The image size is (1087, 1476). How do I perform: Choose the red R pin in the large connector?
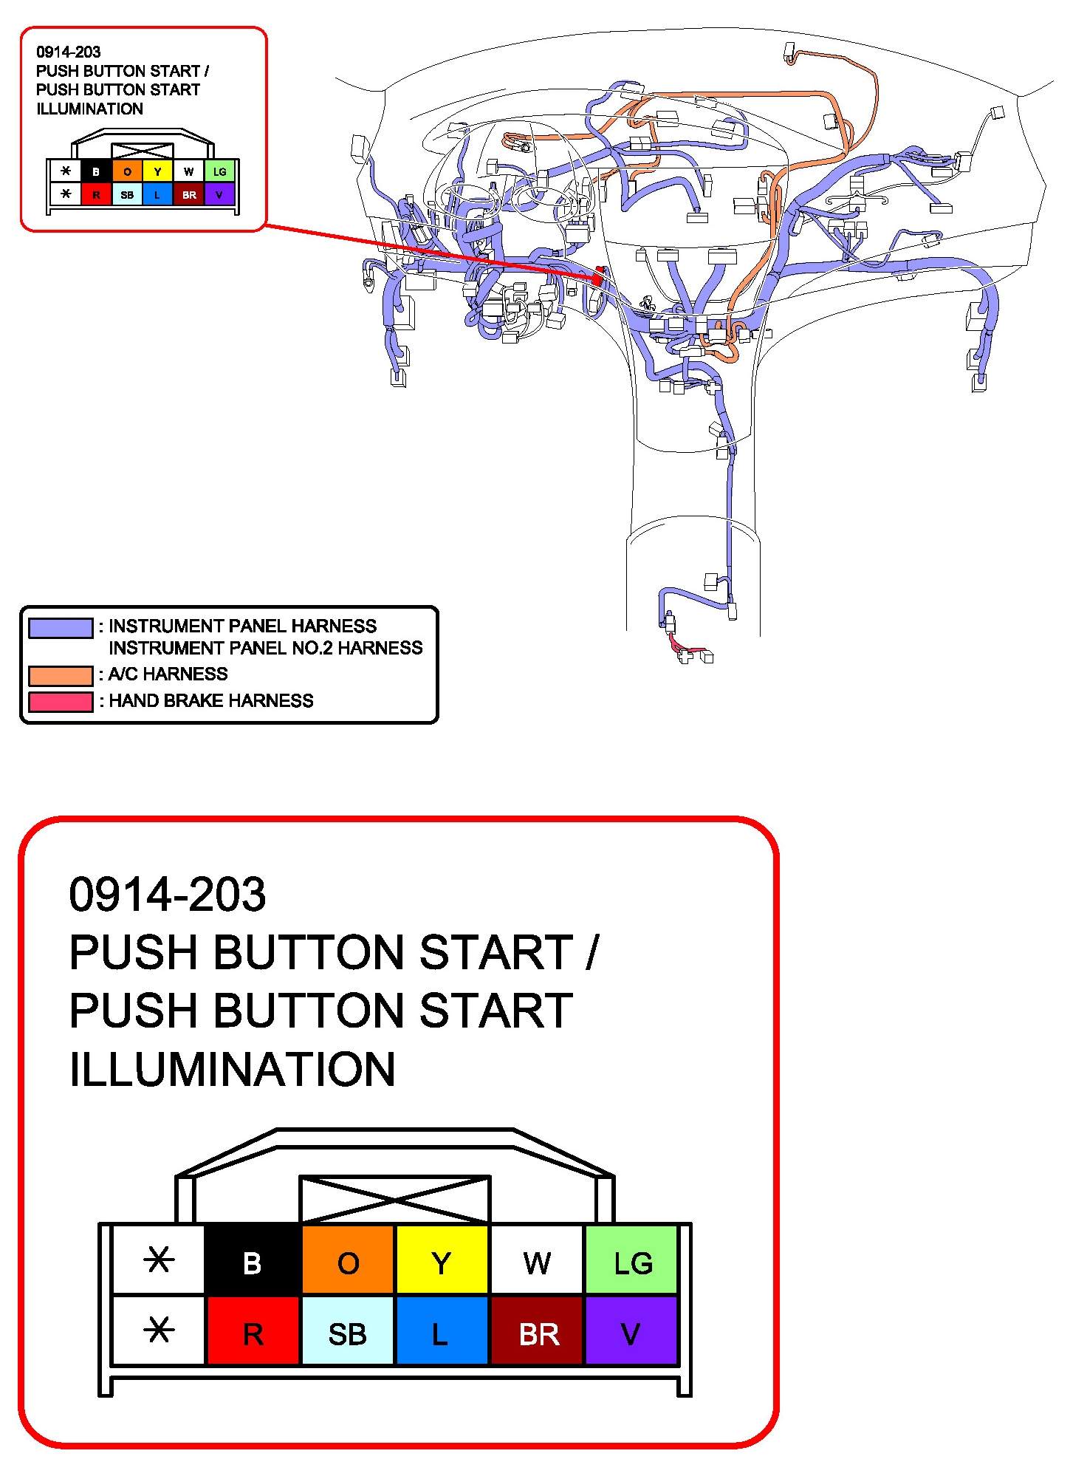[x=253, y=1331]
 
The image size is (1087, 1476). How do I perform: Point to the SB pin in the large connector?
[x=348, y=1331]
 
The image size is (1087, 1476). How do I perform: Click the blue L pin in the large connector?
[x=442, y=1331]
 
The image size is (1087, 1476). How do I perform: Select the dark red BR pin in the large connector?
[x=538, y=1331]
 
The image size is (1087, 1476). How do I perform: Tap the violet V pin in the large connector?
[x=632, y=1331]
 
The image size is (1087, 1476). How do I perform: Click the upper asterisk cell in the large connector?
[x=158, y=1260]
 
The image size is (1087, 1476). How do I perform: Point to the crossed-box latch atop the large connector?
[x=395, y=1200]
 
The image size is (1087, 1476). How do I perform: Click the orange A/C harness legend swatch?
[x=61, y=675]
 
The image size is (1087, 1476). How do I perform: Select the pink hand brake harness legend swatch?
[x=61, y=702]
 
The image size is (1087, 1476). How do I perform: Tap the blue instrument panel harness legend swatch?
[x=61, y=628]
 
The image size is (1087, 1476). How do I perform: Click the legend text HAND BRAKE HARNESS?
[x=211, y=700]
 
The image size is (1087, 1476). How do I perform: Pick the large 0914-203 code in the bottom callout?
[x=167, y=894]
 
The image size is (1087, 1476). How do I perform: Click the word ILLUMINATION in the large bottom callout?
[x=232, y=1069]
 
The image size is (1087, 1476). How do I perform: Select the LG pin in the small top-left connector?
[x=219, y=171]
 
